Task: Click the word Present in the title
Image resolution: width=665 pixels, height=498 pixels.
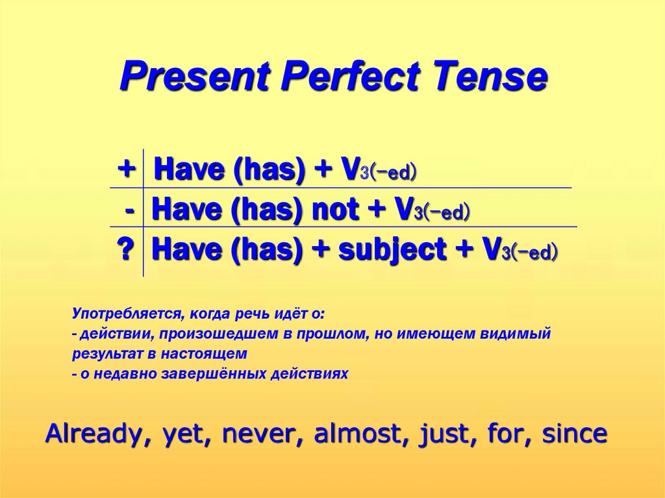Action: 195,77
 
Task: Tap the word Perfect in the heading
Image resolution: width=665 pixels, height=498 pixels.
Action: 351,76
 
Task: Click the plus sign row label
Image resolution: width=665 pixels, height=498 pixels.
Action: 127,169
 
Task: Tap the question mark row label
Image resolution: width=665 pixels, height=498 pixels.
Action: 126,249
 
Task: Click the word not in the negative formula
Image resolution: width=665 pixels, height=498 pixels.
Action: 335,210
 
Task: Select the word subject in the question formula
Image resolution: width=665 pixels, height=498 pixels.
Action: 392,250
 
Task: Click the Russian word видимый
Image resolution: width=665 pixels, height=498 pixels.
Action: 515,334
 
